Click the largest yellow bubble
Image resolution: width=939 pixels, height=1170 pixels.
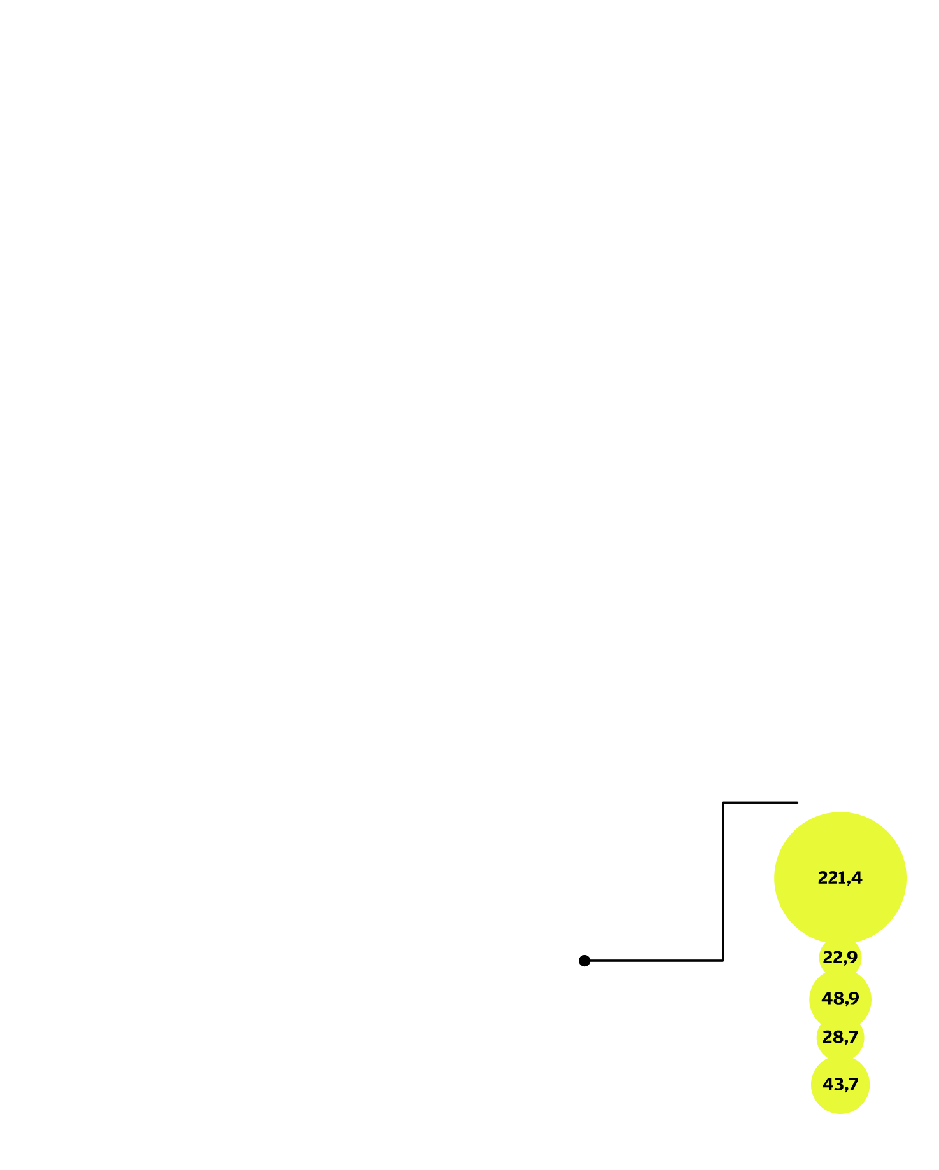coord(840,878)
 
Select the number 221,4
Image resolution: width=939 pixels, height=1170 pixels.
coord(840,878)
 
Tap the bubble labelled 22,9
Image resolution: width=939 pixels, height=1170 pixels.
coord(840,957)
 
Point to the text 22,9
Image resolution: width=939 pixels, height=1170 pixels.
coord(840,957)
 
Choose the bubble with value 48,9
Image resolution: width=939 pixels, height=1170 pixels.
coord(840,999)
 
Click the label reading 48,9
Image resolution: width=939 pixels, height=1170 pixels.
coord(840,999)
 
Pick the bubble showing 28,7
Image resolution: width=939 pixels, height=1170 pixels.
coord(840,1038)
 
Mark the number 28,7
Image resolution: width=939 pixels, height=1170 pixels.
coord(840,1038)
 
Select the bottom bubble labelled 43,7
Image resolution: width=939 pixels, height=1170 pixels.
coord(840,1085)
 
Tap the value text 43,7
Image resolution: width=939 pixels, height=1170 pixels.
coord(840,1085)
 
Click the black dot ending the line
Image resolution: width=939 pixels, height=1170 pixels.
coord(584,961)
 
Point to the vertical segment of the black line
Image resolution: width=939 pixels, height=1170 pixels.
coord(723,881)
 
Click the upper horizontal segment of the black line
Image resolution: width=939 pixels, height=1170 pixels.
coord(761,802)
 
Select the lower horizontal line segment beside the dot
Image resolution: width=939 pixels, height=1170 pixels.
coord(654,961)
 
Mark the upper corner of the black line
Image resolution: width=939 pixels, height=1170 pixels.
coord(723,802)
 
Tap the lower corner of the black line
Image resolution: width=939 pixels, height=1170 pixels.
coord(723,961)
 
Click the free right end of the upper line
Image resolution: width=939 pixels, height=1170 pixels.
coord(798,802)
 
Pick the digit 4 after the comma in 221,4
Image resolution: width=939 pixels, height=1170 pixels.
coord(858,878)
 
